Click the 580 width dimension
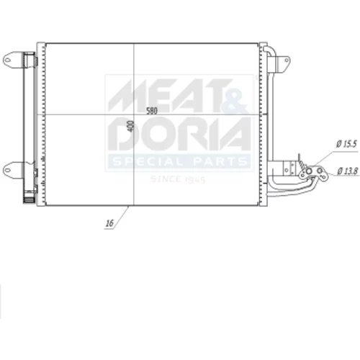[152, 111]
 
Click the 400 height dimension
[131, 126]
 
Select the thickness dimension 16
[109, 223]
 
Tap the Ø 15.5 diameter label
[346, 144]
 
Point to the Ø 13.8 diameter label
[348, 171]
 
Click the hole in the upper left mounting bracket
[7, 60]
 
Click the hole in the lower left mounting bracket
[7, 171]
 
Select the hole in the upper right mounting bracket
[287, 60]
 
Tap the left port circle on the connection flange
[309, 171]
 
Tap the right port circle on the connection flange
[320, 171]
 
